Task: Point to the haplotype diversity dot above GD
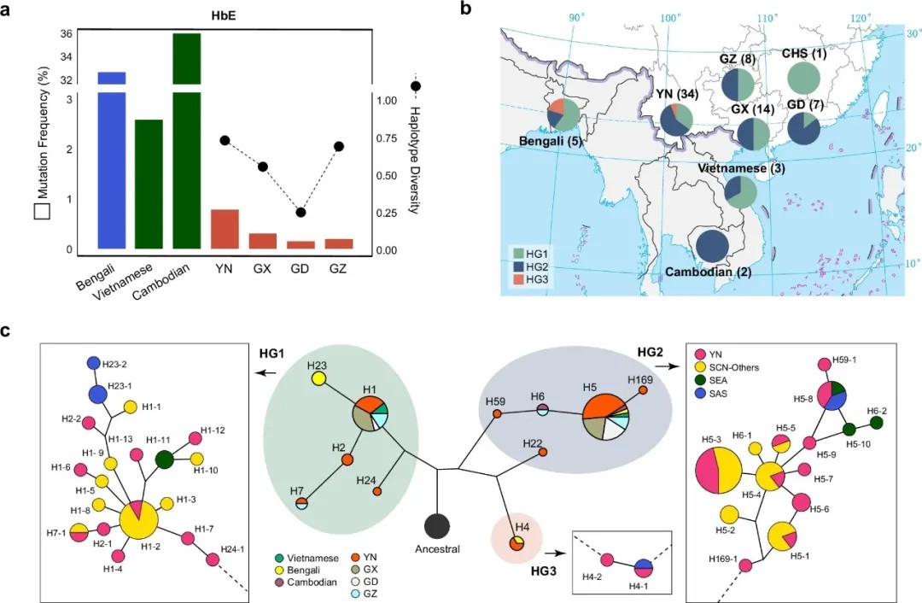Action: point(301,213)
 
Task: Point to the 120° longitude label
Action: point(862,17)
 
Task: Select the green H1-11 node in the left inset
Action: point(166,460)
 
